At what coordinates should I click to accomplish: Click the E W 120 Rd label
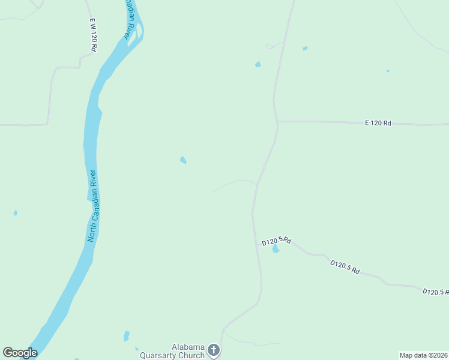tap(93, 34)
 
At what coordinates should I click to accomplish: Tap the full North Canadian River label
tap(92, 206)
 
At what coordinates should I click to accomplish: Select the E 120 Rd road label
tap(378, 123)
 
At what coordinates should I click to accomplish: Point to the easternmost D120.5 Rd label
tap(435, 292)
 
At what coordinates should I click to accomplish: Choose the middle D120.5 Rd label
tap(345, 267)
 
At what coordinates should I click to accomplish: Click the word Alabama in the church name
tap(188, 347)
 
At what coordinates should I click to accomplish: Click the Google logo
tap(20, 353)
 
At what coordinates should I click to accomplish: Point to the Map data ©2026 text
tap(424, 355)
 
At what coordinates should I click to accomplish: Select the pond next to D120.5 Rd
tap(276, 249)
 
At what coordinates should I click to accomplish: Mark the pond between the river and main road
tap(183, 160)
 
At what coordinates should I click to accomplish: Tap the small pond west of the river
tap(15, 213)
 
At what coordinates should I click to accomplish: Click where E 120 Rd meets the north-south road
tap(277, 122)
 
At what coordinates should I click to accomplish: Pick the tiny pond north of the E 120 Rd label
tap(388, 71)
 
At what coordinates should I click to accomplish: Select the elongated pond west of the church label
tap(126, 336)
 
